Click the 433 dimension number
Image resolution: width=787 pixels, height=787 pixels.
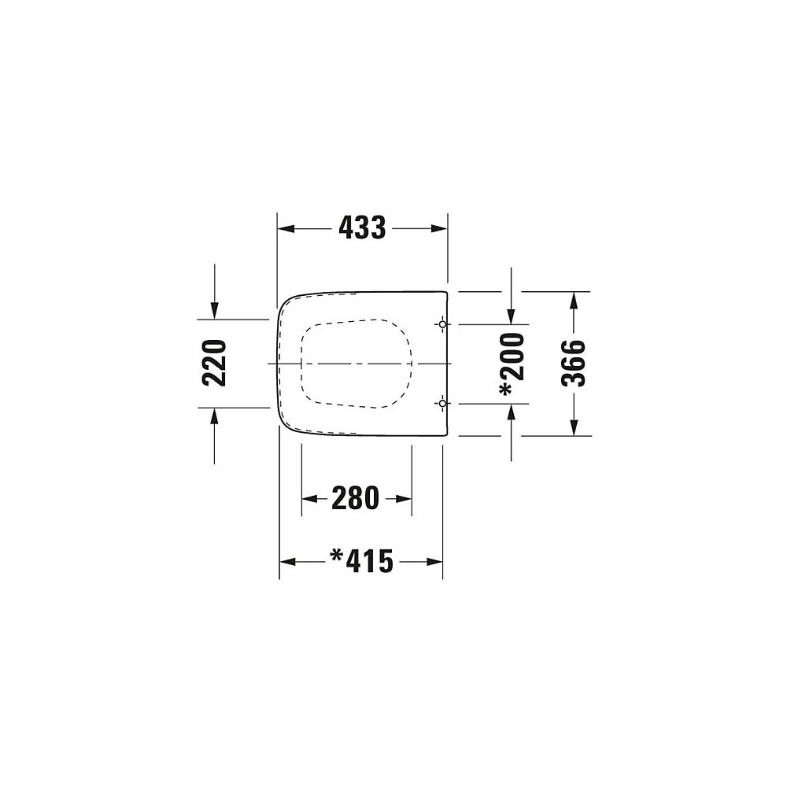click(x=362, y=228)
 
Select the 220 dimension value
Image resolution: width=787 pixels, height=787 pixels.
click(x=214, y=363)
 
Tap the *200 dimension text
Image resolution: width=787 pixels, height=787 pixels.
click(x=512, y=364)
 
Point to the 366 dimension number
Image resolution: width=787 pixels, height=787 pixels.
click(x=573, y=364)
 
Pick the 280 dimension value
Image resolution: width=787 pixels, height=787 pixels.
click(x=356, y=498)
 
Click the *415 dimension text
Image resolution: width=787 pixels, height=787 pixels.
click(x=361, y=561)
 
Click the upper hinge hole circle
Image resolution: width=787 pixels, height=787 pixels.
click(x=442, y=325)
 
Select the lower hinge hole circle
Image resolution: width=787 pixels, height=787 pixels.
click(x=442, y=403)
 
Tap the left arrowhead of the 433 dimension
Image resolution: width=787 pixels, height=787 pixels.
click(x=286, y=229)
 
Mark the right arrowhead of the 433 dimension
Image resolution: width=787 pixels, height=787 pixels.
click(x=438, y=229)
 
